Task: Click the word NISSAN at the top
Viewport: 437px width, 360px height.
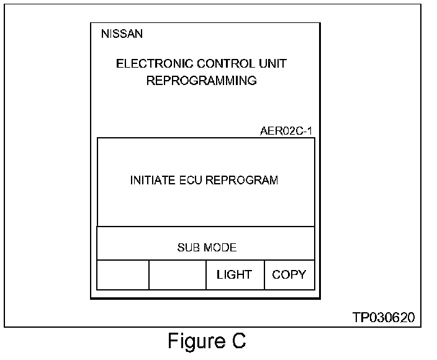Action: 122,34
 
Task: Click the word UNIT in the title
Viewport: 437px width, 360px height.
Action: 273,64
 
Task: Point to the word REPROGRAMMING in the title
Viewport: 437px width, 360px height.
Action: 201,81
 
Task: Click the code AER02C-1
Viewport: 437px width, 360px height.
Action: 286,132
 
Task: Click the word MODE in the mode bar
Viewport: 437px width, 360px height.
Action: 220,248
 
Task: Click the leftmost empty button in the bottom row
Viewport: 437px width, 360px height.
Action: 123,275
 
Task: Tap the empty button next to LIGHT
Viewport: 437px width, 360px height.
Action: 178,275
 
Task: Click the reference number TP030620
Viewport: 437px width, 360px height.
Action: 384,318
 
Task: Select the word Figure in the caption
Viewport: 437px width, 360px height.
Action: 196,341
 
